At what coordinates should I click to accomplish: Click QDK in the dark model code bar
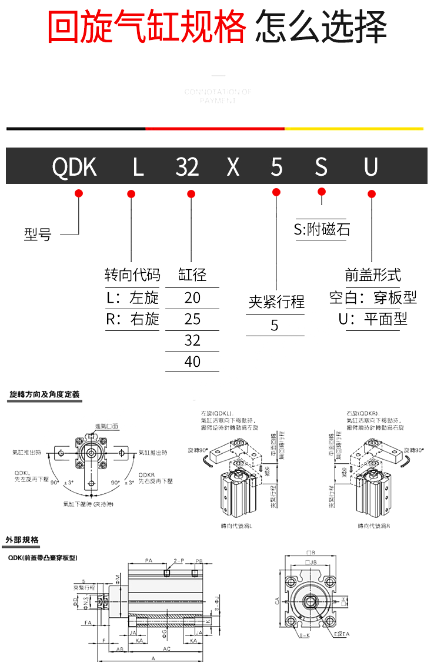(x=75, y=168)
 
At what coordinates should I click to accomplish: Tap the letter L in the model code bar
(x=138, y=168)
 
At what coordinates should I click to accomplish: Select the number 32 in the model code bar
(x=188, y=168)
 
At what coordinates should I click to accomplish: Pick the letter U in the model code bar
(x=370, y=168)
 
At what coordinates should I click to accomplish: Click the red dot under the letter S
(x=321, y=192)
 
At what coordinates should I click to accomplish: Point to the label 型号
(x=38, y=235)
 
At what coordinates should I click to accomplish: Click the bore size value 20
(x=192, y=298)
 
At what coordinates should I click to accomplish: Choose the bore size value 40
(x=192, y=362)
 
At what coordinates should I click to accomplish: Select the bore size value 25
(x=192, y=319)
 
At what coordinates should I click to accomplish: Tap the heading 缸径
(x=192, y=275)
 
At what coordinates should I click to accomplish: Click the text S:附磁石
(x=322, y=229)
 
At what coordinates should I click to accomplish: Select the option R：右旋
(x=132, y=319)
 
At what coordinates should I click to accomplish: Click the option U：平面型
(x=373, y=319)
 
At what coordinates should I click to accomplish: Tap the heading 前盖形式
(x=373, y=275)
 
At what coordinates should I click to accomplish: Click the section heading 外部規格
(x=22, y=540)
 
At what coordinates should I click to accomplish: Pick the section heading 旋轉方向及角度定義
(x=44, y=395)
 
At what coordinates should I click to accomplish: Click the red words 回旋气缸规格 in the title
(x=147, y=26)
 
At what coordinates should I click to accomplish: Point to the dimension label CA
(x=276, y=601)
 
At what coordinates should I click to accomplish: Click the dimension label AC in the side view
(x=166, y=649)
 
